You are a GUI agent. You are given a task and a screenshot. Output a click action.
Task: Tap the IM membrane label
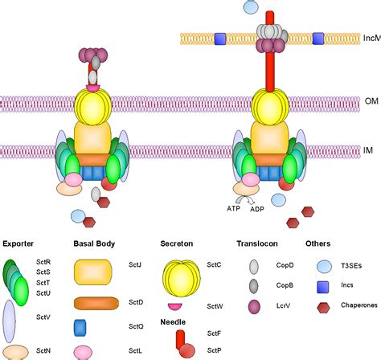coord(369,150)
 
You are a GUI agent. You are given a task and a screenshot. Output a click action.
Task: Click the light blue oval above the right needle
coord(251,6)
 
